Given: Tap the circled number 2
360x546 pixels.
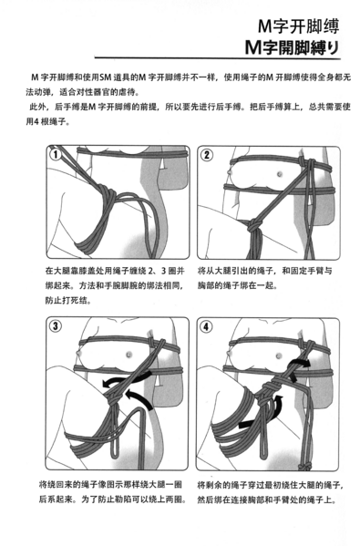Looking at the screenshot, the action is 207,155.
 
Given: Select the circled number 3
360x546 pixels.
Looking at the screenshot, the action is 56,326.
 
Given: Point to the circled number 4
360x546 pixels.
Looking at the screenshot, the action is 207,327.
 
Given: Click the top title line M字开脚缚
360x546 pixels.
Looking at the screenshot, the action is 298,26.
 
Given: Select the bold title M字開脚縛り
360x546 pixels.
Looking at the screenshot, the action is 292,47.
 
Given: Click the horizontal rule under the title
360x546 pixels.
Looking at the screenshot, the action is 218,58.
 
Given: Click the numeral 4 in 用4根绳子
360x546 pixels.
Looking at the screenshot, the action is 36,122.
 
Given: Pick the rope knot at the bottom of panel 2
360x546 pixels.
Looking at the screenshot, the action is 254,225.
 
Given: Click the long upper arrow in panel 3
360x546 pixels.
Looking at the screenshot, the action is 127,378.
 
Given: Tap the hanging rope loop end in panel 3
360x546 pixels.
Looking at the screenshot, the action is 114,453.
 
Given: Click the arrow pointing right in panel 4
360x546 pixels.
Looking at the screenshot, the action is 298,363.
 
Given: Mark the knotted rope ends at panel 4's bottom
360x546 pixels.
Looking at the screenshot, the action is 303,467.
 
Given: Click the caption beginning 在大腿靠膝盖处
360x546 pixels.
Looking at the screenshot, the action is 115,285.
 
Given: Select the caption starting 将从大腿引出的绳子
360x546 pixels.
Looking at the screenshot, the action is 264,278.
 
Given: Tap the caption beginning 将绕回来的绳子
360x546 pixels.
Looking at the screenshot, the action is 112,491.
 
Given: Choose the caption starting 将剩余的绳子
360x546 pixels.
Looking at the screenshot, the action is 271,491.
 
